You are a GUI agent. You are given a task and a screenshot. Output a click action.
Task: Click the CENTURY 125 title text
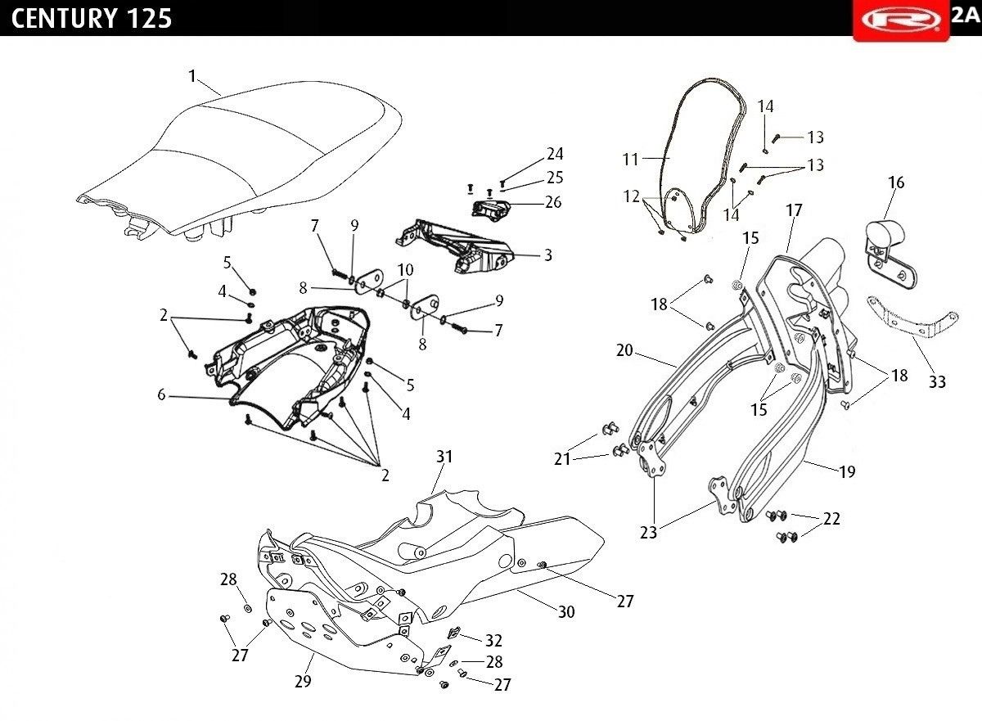[x=92, y=18]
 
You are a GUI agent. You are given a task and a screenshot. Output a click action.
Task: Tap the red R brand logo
[x=899, y=19]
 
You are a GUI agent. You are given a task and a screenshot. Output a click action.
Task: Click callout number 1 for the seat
[x=192, y=76]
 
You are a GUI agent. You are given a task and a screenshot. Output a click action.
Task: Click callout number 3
[x=547, y=255]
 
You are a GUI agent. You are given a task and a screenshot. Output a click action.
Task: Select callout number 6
[x=162, y=394]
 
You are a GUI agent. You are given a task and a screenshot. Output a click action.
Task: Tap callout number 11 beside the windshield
[x=630, y=160]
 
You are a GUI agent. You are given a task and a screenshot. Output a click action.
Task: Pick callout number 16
[x=896, y=182]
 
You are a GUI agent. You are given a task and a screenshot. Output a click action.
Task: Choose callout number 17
[x=794, y=210]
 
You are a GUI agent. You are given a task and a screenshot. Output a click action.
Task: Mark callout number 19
[x=846, y=471]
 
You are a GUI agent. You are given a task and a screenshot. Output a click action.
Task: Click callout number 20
[x=625, y=349]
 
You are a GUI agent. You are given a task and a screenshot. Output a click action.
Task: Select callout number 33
[x=937, y=381]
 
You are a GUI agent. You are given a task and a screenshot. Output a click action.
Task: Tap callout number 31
[x=444, y=457]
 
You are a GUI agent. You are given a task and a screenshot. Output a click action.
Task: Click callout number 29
[x=303, y=681]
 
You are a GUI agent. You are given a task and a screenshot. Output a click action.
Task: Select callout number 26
[x=553, y=201]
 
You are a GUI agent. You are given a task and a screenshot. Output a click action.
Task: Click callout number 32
[x=493, y=640]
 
